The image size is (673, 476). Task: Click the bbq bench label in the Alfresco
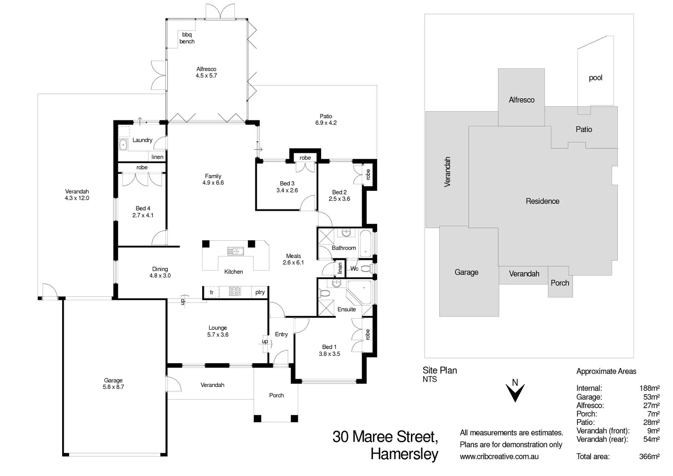(187, 38)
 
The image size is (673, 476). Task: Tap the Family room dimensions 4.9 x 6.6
(213, 183)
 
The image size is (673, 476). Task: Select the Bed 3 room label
(287, 183)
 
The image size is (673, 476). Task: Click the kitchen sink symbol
(236, 252)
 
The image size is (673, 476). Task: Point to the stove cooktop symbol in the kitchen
(235, 291)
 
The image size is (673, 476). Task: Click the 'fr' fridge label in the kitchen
(211, 292)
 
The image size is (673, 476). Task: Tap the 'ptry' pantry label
(260, 292)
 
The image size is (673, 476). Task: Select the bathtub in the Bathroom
(366, 243)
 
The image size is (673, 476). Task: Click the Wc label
(355, 268)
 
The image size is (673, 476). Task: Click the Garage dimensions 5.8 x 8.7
(113, 387)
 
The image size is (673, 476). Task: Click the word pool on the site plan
(595, 78)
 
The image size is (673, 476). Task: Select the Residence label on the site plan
(542, 201)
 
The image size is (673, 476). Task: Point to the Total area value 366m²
(649, 457)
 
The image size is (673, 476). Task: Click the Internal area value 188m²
(649, 388)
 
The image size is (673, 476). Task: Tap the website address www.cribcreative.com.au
(499, 457)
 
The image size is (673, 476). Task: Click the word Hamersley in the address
(404, 454)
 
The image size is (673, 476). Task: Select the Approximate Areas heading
(606, 372)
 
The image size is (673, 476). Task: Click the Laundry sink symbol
(123, 144)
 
